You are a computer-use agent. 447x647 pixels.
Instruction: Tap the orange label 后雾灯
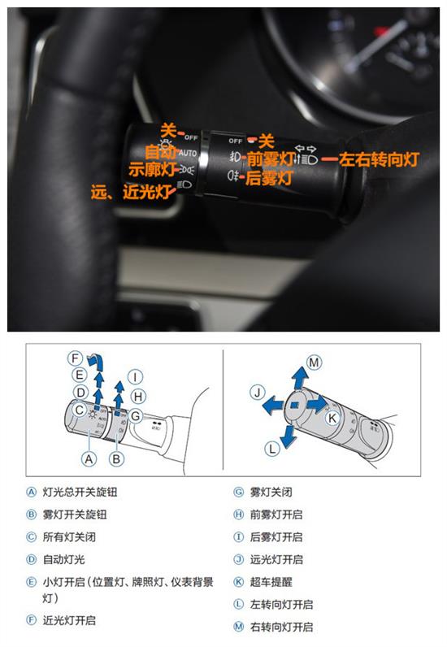click(269, 176)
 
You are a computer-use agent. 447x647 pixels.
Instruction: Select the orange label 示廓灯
click(154, 170)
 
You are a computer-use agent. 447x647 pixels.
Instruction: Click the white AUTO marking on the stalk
click(188, 153)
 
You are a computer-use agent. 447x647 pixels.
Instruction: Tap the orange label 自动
click(160, 152)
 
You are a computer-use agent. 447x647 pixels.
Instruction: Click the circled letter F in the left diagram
click(75, 358)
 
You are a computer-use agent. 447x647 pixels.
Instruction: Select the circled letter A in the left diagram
click(89, 458)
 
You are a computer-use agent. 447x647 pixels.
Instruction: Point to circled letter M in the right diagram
click(314, 362)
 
